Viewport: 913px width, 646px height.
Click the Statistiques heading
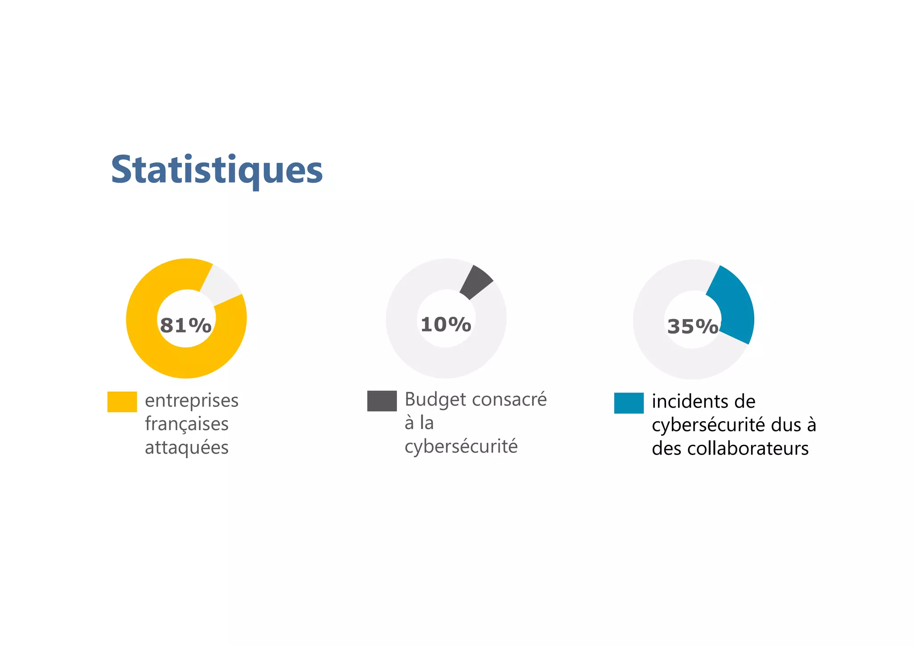point(217,170)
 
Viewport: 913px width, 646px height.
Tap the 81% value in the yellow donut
point(185,326)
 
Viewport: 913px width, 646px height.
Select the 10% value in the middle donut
point(446,324)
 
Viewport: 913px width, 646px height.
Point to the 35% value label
point(693,327)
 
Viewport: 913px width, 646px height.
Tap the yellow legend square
point(122,402)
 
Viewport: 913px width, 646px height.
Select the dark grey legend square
point(382,401)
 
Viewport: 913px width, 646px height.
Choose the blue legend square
point(629,403)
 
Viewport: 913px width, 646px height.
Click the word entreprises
point(192,401)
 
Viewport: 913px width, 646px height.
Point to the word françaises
point(186,424)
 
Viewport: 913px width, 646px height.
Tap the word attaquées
point(186,447)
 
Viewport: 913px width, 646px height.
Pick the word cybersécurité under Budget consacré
point(461,447)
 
